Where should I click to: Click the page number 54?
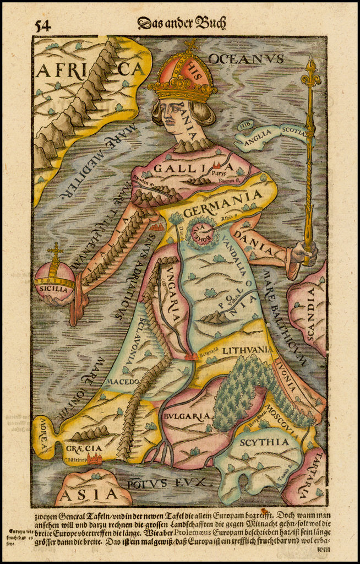[x=43, y=26]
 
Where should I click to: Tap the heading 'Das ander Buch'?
[x=182, y=23]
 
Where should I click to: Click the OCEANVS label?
[x=246, y=58]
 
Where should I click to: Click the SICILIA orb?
[x=54, y=280]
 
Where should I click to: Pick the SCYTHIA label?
[x=263, y=442]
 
